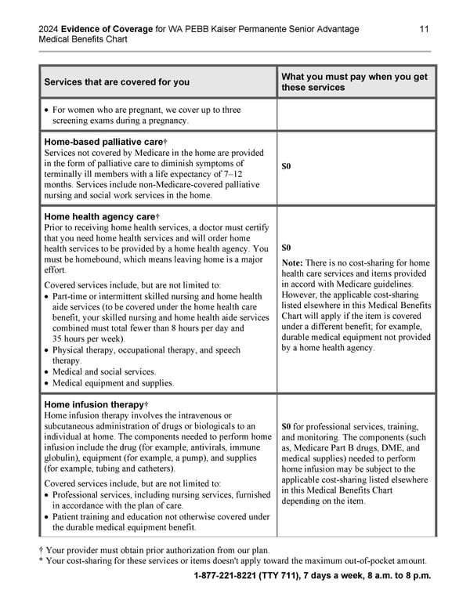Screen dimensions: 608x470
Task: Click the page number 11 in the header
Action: click(424, 29)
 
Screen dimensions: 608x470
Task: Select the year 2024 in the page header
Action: click(50, 29)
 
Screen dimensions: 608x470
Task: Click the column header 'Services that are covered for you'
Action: click(117, 81)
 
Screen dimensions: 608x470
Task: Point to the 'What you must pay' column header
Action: click(354, 76)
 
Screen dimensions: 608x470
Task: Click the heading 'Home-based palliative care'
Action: click(100, 141)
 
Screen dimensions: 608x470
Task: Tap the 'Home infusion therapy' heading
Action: click(92, 404)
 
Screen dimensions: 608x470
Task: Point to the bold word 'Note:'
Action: click(292, 262)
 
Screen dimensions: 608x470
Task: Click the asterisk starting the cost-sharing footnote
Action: click(41, 560)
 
